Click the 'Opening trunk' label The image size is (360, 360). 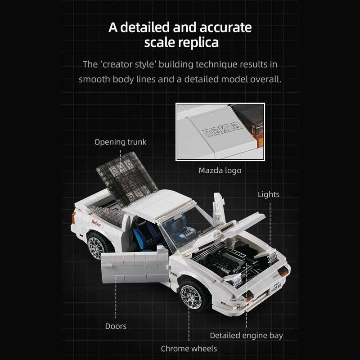click(120, 142)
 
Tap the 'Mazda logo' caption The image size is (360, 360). click(220, 171)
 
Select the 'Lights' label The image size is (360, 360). click(268, 194)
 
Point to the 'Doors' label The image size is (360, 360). click(116, 326)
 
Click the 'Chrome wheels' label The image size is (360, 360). click(189, 348)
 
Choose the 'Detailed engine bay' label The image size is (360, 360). click(246, 335)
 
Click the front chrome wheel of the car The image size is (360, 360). click(192, 297)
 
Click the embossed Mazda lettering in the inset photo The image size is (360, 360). click(222, 130)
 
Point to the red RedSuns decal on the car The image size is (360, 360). click(96, 223)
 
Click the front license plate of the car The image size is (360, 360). click(276, 287)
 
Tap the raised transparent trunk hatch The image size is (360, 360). click(127, 178)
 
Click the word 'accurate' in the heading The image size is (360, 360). click(225, 27)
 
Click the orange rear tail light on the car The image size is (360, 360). click(73, 218)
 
